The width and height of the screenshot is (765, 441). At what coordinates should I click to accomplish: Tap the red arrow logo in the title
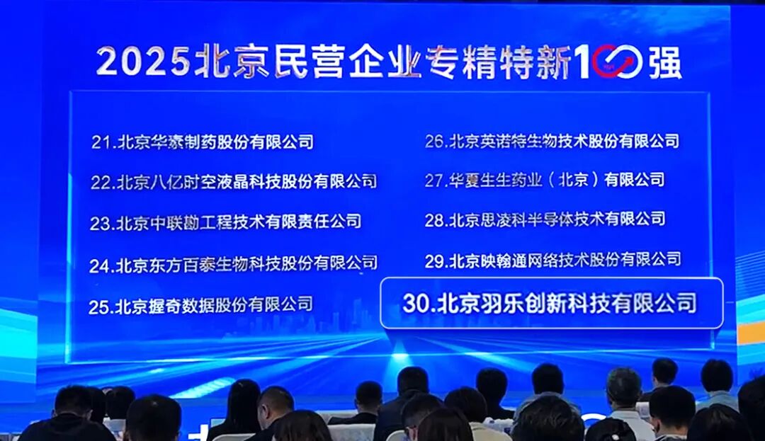[618, 62]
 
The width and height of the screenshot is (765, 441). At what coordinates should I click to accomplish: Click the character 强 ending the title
[664, 62]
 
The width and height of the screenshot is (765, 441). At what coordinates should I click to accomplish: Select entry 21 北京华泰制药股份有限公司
[202, 142]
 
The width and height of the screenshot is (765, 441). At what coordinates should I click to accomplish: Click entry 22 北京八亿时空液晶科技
[234, 182]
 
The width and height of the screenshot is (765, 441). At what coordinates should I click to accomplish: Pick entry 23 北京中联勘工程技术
[225, 222]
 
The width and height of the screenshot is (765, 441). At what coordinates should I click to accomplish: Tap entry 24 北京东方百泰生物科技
[233, 264]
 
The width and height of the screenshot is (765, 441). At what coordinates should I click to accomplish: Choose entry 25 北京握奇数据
[200, 306]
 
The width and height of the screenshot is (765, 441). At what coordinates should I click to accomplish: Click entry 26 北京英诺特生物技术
[552, 142]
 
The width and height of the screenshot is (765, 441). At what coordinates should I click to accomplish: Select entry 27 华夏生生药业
[545, 180]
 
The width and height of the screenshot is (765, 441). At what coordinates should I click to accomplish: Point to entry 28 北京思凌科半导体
[545, 219]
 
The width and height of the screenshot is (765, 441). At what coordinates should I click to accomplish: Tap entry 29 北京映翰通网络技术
[552, 260]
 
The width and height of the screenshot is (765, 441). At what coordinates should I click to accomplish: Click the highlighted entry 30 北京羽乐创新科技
[550, 303]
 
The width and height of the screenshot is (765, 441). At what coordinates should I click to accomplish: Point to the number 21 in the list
[102, 142]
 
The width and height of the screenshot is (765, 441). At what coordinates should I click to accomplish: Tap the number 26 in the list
[435, 142]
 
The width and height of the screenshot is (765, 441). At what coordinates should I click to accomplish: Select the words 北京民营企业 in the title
[308, 62]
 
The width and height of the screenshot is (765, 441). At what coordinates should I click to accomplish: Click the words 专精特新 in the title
[499, 62]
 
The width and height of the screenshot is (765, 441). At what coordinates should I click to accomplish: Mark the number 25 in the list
[100, 307]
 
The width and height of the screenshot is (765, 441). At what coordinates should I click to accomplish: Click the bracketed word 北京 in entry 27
[573, 180]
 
